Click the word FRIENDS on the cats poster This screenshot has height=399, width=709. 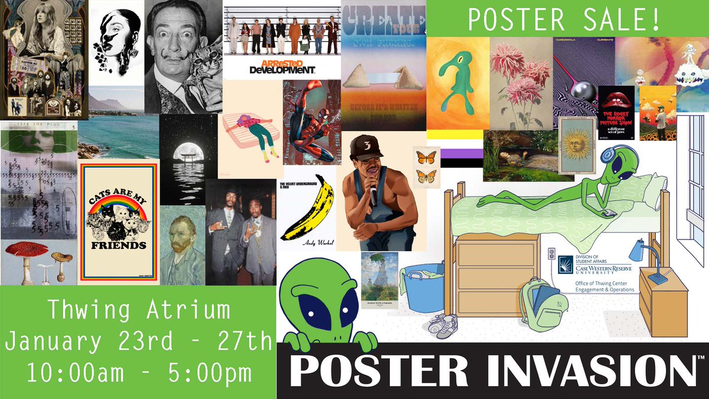point(118,244)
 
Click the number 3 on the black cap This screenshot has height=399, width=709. point(367,144)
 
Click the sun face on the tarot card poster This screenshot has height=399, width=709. point(576,145)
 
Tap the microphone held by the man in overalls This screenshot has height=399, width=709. point(373,193)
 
